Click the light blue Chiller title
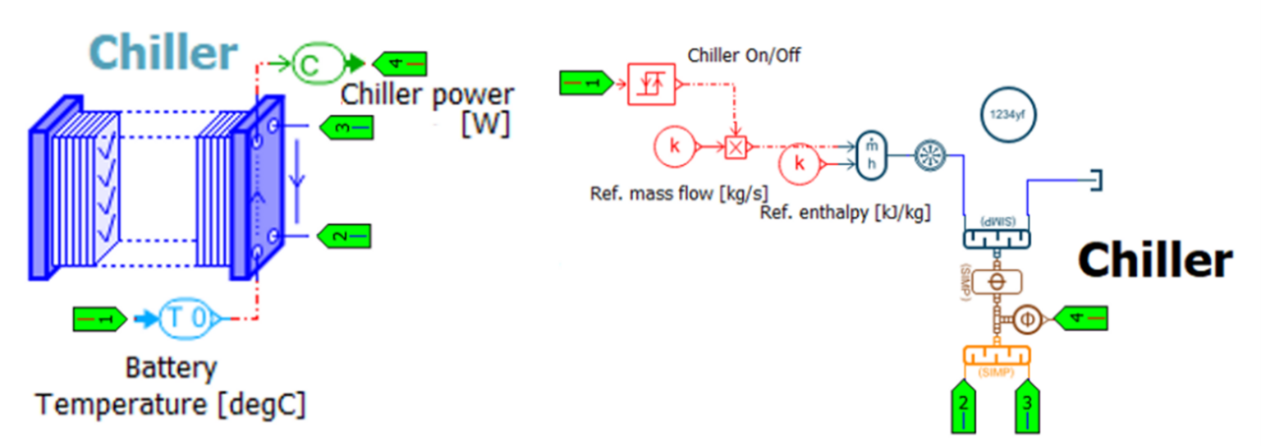point(163,51)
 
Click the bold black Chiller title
point(1154,260)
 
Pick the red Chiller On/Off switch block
point(651,82)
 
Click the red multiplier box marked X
point(736,147)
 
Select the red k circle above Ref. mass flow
point(675,147)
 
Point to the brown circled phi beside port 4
point(1026,319)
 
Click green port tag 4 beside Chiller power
point(399,63)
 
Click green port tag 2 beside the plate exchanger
point(342,237)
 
